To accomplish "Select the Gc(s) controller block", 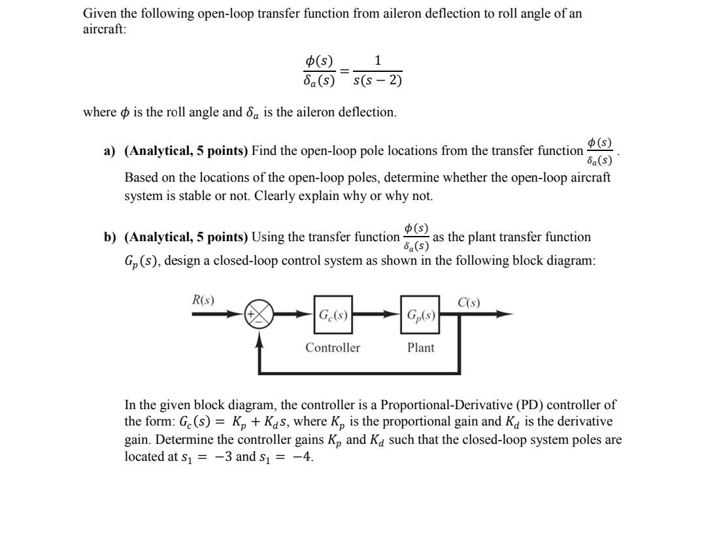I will pyautogui.click(x=333, y=314).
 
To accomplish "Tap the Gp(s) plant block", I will pyautogui.click(x=420, y=314).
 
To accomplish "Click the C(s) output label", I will pyautogui.click(x=469, y=302).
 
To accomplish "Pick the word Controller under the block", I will pyautogui.click(x=333, y=348).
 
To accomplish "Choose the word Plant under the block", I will pyautogui.click(x=420, y=348).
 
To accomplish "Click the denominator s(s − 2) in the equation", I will pyautogui.click(x=377, y=81).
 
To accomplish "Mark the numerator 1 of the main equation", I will pyautogui.click(x=378, y=61).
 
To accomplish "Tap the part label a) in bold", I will pyautogui.click(x=109, y=151).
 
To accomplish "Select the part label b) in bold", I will pyautogui.click(x=109, y=237).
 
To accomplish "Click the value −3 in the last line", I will pyautogui.click(x=223, y=457).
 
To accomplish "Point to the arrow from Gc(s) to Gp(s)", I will pyautogui.click(x=377, y=314).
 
